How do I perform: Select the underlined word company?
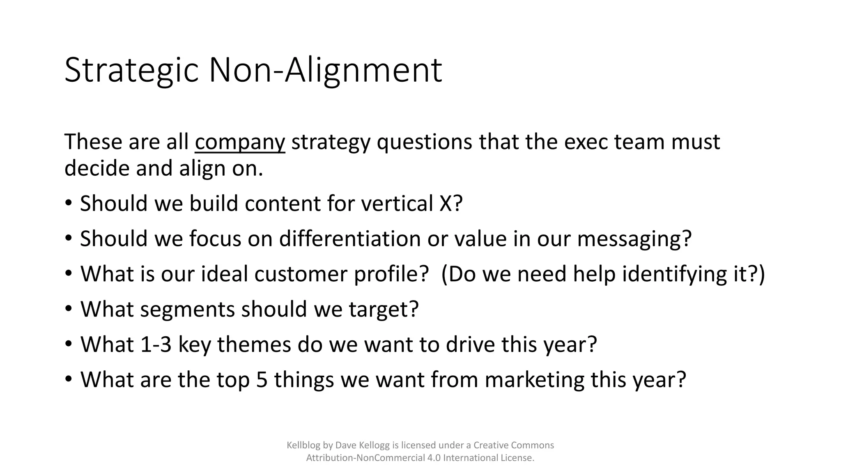pos(240,142)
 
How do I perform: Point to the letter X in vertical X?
pos(446,203)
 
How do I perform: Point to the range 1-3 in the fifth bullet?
pos(156,344)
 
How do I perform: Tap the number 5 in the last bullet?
pos(262,380)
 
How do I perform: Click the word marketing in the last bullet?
pos(535,380)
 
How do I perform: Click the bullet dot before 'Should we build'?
pos(69,203)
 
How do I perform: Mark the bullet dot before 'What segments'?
pos(69,309)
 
